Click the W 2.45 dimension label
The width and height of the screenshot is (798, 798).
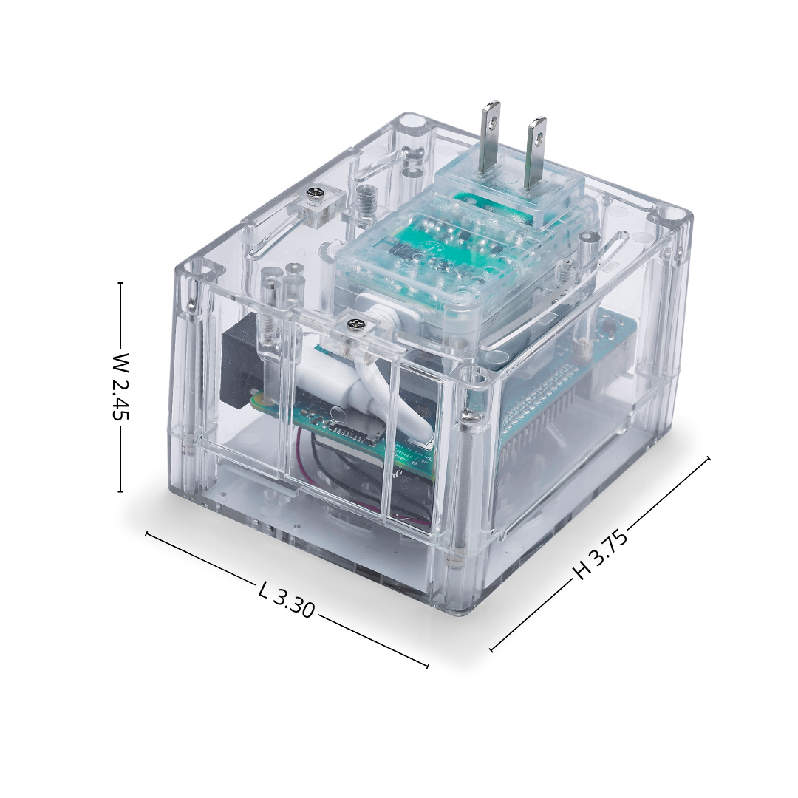121,386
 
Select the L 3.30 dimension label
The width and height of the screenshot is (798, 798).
286,601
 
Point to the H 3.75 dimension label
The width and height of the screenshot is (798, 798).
601,555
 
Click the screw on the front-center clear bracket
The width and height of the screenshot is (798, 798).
354,324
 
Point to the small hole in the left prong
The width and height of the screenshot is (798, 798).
491,122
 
